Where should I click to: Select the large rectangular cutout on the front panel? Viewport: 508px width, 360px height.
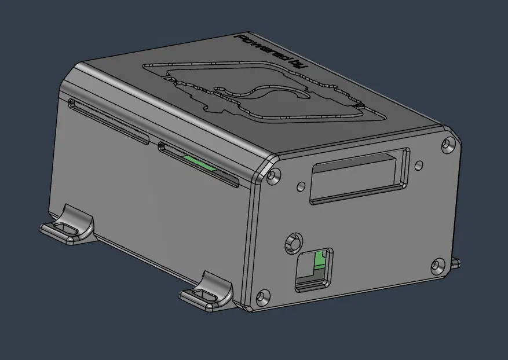[x=360, y=176]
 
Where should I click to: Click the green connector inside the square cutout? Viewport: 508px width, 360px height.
[x=319, y=261]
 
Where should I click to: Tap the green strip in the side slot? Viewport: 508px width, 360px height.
[x=198, y=163]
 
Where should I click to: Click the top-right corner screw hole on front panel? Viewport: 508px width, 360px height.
[x=447, y=144]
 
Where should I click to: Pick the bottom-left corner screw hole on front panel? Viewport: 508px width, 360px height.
[x=264, y=297]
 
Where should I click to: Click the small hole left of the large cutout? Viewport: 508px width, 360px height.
[x=300, y=186]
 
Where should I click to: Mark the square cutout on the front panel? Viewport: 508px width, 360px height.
[x=315, y=269]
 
